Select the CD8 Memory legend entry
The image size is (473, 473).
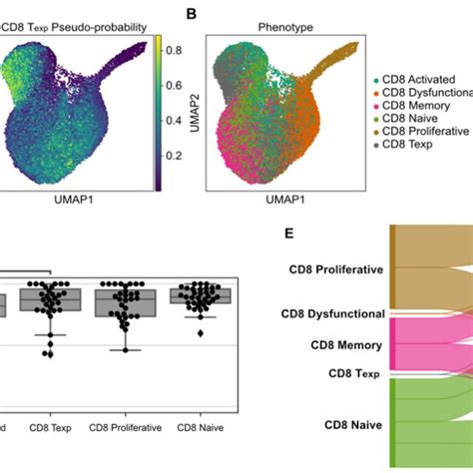(x=417, y=105)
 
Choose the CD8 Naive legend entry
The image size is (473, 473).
(x=411, y=118)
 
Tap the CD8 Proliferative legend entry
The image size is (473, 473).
(x=423, y=131)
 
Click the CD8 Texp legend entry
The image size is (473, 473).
(x=409, y=145)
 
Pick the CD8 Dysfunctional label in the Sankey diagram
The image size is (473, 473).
(x=330, y=313)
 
